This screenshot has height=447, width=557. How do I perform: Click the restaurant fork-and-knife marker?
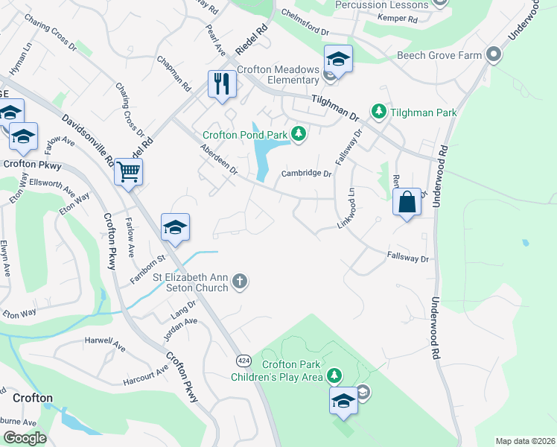pyautogui.click(x=221, y=83)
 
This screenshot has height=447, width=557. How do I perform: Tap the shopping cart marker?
pyautogui.click(x=129, y=172)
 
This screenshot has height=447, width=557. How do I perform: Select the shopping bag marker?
pyautogui.click(x=407, y=202)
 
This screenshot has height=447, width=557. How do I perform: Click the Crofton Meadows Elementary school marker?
pyautogui.click(x=338, y=59)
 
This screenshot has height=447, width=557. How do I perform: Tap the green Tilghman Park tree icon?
pyautogui.click(x=378, y=112)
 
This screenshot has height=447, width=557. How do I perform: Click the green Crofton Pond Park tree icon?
pyautogui.click(x=299, y=134)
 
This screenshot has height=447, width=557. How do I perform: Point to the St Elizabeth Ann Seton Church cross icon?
pyautogui.click(x=239, y=281)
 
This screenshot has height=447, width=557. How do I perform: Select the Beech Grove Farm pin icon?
pyautogui.click(x=492, y=54)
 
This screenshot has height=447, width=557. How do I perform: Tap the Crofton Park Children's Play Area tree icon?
pyautogui.click(x=335, y=374)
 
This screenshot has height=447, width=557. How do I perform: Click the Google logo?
pyautogui.click(x=24, y=438)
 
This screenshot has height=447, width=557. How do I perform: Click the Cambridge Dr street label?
pyautogui.click(x=305, y=174)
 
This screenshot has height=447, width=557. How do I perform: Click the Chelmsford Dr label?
pyautogui.click(x=305, y=22)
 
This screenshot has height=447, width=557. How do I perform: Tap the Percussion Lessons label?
pyautogui.click(x=381, y=5)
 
